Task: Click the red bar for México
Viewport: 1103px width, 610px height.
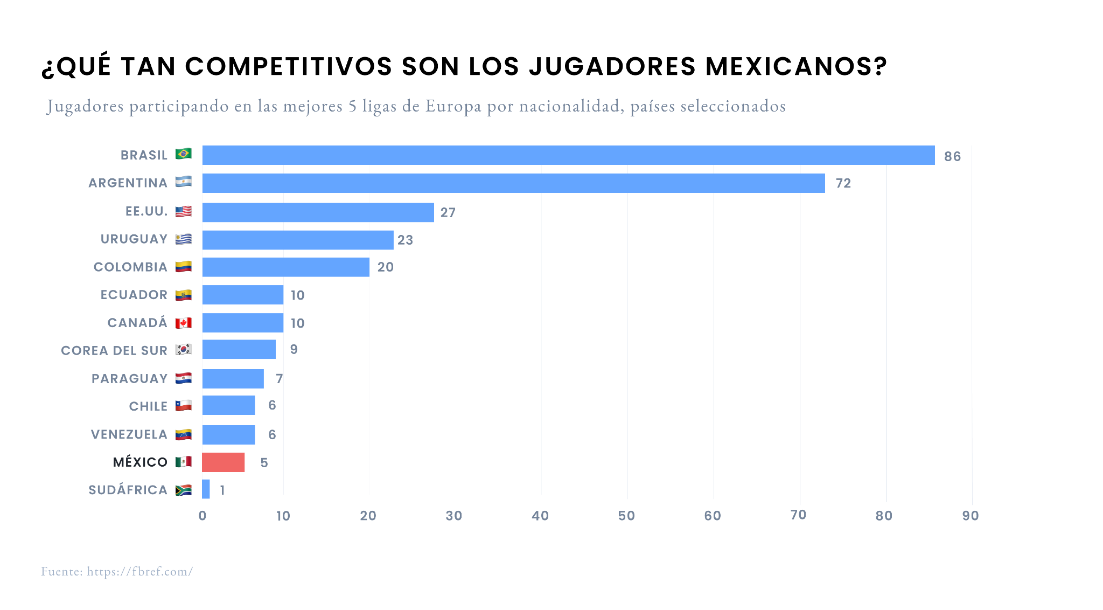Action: (224, 462)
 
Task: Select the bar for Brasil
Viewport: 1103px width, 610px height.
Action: (568, 155)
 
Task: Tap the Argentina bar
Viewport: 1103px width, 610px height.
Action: (513, 183)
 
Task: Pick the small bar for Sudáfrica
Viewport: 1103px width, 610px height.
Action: (206, 489)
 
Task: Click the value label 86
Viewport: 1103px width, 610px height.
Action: (952, 157)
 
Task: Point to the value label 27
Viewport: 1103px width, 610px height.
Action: (448, 213)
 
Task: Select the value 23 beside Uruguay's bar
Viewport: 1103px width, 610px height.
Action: (405, 240)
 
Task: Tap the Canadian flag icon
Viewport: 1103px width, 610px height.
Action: (184, 323)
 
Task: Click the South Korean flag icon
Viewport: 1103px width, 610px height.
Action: (184, 350)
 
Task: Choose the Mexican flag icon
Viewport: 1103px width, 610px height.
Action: (184, 462)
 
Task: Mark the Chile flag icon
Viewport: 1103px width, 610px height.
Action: (184, 406)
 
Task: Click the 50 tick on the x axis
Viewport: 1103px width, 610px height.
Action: (626, 516)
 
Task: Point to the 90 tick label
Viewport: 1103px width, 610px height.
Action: (971, 516)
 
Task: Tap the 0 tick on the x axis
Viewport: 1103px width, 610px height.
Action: (203, 516)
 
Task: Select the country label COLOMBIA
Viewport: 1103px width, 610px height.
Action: (130, 267)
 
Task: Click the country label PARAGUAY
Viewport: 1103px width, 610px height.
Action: (129, 379)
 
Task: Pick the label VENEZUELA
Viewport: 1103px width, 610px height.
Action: (129, 434)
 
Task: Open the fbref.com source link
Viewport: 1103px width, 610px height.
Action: (139, 572)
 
